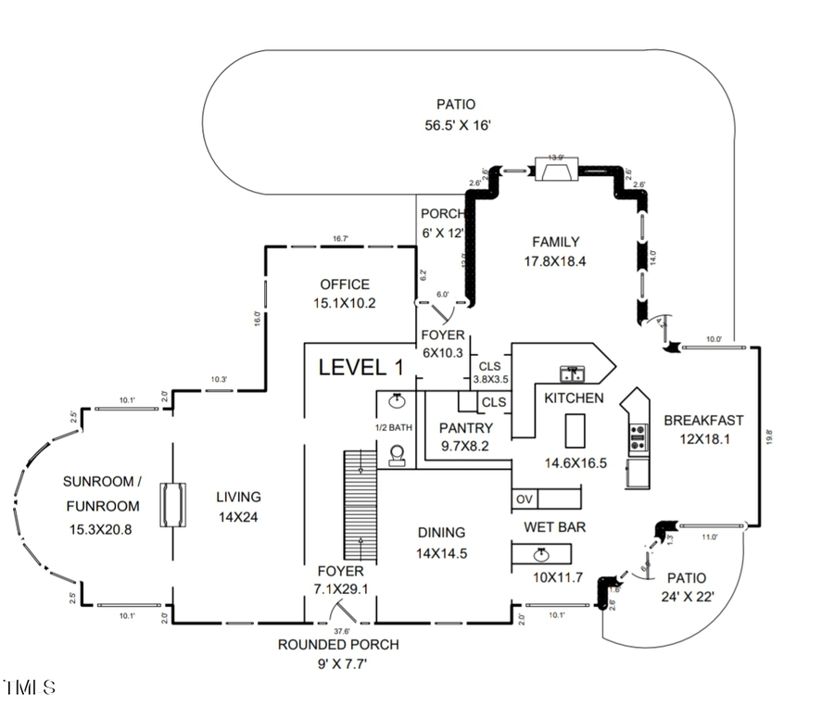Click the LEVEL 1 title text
(x=361, y=367)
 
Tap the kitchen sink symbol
(x=573, y=374)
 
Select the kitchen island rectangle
(x=575, y=431)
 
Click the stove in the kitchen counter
(x=638, y=436)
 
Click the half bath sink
(x=397, y=401)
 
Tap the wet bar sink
(x=541, y=554)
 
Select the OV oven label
(x=524, y=499)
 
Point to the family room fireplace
(x=556, y=171)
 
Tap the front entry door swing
(x=347, y=612)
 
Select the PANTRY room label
(x=465, y=428)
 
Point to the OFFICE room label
(x=345, y=284)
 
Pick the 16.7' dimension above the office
(x=341, y=239)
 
